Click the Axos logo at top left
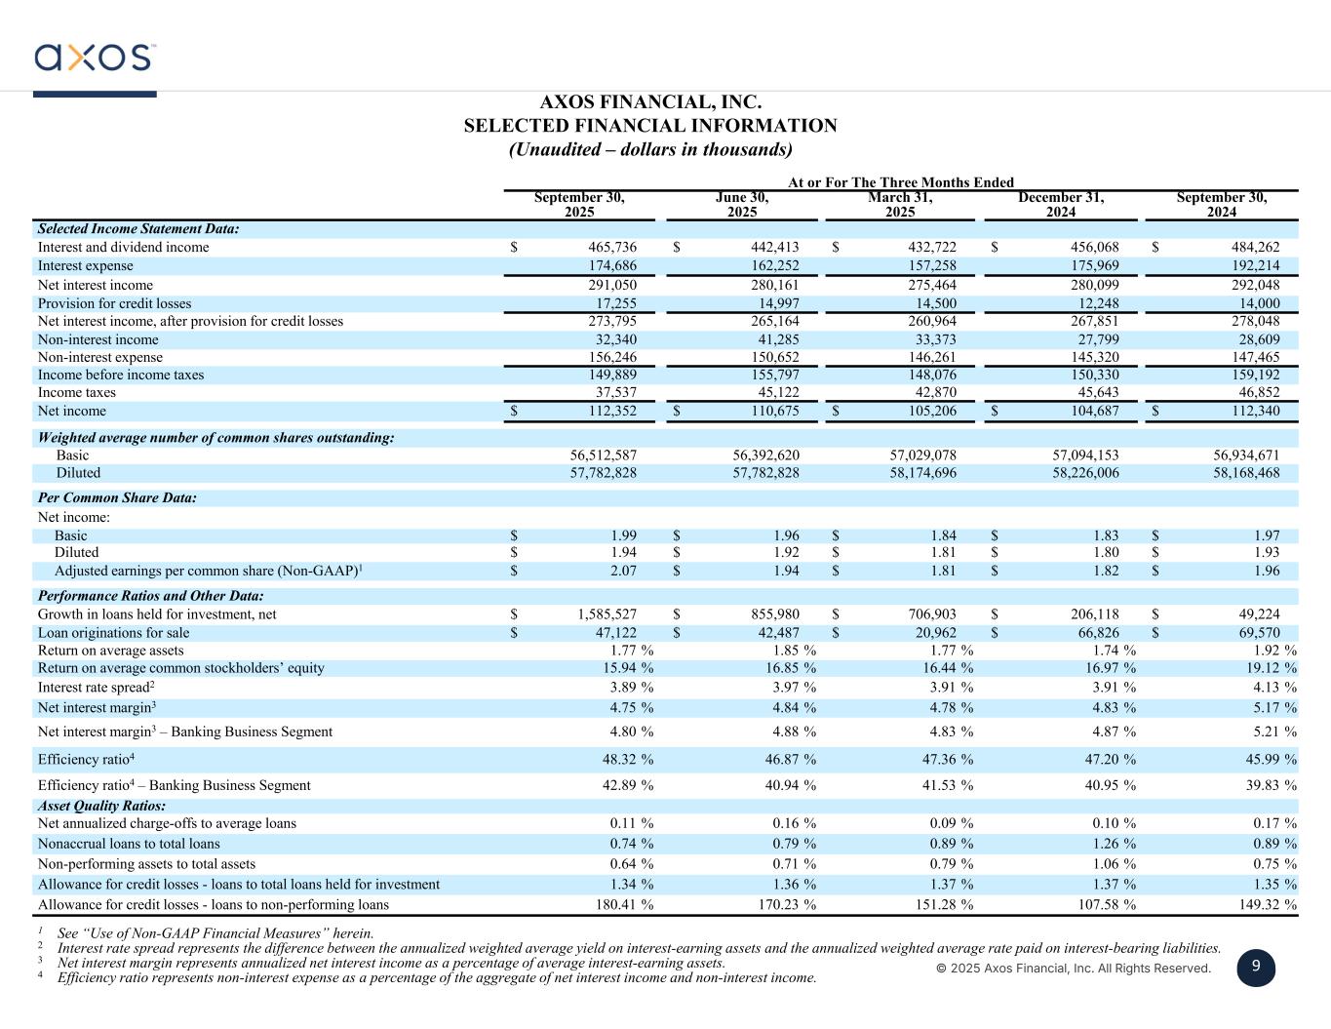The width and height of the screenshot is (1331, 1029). pos(94,58)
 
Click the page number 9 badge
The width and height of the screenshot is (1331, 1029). pos(1256,967)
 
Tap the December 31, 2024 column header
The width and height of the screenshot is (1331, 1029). pos(1061,205)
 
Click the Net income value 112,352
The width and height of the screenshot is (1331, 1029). pos(608,412)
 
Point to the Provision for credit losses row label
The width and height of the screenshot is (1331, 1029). pos(114,304)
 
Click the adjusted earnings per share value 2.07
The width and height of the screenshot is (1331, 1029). pos(623,572)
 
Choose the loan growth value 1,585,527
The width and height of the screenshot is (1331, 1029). pos(607,614)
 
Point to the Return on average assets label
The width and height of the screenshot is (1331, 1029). pos(110,651)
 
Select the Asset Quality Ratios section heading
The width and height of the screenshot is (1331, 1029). pos(101,807)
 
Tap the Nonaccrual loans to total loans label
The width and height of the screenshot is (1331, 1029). pos(129,845)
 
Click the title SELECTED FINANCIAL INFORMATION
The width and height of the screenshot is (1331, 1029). pos(649,126)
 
